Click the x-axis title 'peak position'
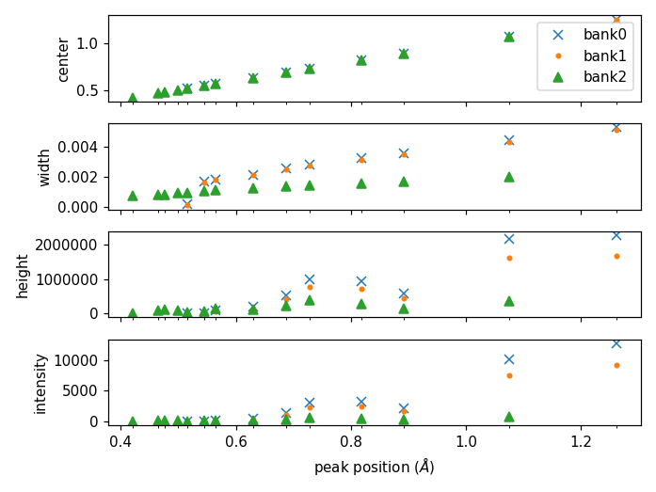click(x=375, y=467)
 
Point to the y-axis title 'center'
click(x=64, y=58)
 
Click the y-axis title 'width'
click(x=45, y=167)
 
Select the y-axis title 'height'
click(x=24, y=275)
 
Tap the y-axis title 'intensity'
click(x=40, y=383)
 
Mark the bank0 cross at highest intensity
click(x=616, y=343)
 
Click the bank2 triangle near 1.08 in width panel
click(x=509, y=177)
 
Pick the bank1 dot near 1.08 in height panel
click(x=509, y=258)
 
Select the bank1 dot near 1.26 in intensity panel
click(x=616, y=365)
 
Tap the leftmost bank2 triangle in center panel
click(x=133, y=98)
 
